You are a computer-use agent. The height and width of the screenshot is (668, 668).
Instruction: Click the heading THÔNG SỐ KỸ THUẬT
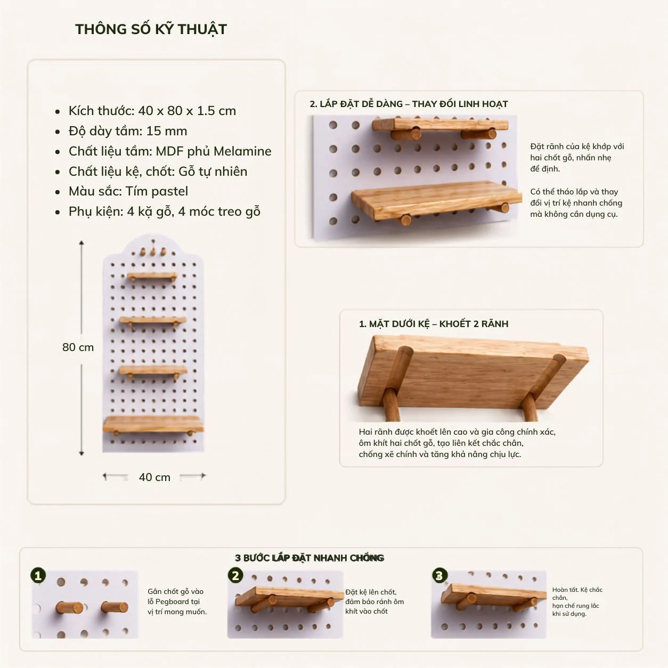coord(151,29)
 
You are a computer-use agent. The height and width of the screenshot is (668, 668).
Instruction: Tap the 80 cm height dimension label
coord(78,347)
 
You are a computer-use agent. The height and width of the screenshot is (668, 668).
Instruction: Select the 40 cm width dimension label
coord(154,477)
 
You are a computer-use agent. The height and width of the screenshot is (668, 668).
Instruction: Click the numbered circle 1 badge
coord(38,575)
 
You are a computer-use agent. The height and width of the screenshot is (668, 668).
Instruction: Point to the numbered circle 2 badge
coord(235,575)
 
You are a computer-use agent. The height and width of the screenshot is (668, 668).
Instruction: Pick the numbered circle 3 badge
coord(439,575)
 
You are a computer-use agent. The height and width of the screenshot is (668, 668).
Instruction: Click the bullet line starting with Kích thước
coord(152,111)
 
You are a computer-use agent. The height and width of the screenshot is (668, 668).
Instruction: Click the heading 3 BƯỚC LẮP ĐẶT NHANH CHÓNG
coord(309,558)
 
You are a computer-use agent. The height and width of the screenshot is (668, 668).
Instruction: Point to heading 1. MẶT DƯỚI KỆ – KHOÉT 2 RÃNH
coord(434,324)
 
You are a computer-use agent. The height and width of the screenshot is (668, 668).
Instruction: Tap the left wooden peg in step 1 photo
coord(69,608)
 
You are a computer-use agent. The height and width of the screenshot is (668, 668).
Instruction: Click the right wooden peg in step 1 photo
coord(115,607)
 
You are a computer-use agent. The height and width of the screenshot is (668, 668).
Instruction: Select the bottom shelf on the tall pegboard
coord(153,425)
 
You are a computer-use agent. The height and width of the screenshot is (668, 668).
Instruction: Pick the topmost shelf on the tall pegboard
coord(152,276)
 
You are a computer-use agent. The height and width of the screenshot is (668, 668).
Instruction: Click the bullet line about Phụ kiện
coord(164,211)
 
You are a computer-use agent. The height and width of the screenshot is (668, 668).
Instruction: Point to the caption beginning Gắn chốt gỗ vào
coord(177,601)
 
